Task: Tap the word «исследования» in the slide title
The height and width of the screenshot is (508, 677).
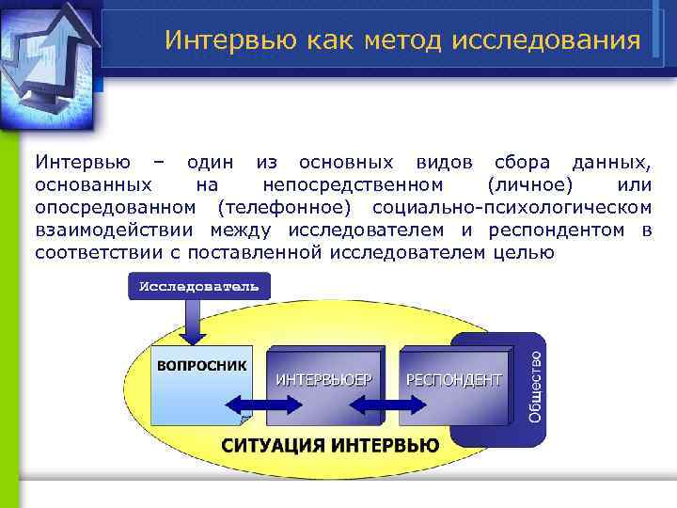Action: click(x=546, y=40)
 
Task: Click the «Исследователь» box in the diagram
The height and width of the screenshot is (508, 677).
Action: click(x=198, y=285)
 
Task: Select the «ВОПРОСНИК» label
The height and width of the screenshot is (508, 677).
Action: click(x=201, y=365)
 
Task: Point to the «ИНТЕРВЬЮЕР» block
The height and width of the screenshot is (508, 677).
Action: click(x=323, y=380)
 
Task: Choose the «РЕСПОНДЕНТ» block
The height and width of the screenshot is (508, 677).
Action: click(x=453, y=380)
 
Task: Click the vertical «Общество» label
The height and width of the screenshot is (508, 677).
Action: click(x=534, y=387)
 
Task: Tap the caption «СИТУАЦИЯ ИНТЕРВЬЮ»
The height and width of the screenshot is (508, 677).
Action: click(x=330, y=445)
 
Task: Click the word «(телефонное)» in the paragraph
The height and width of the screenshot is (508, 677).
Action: click(x=283, y=206)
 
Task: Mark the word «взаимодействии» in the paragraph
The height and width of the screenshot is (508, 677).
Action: click(x=117, y=229)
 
